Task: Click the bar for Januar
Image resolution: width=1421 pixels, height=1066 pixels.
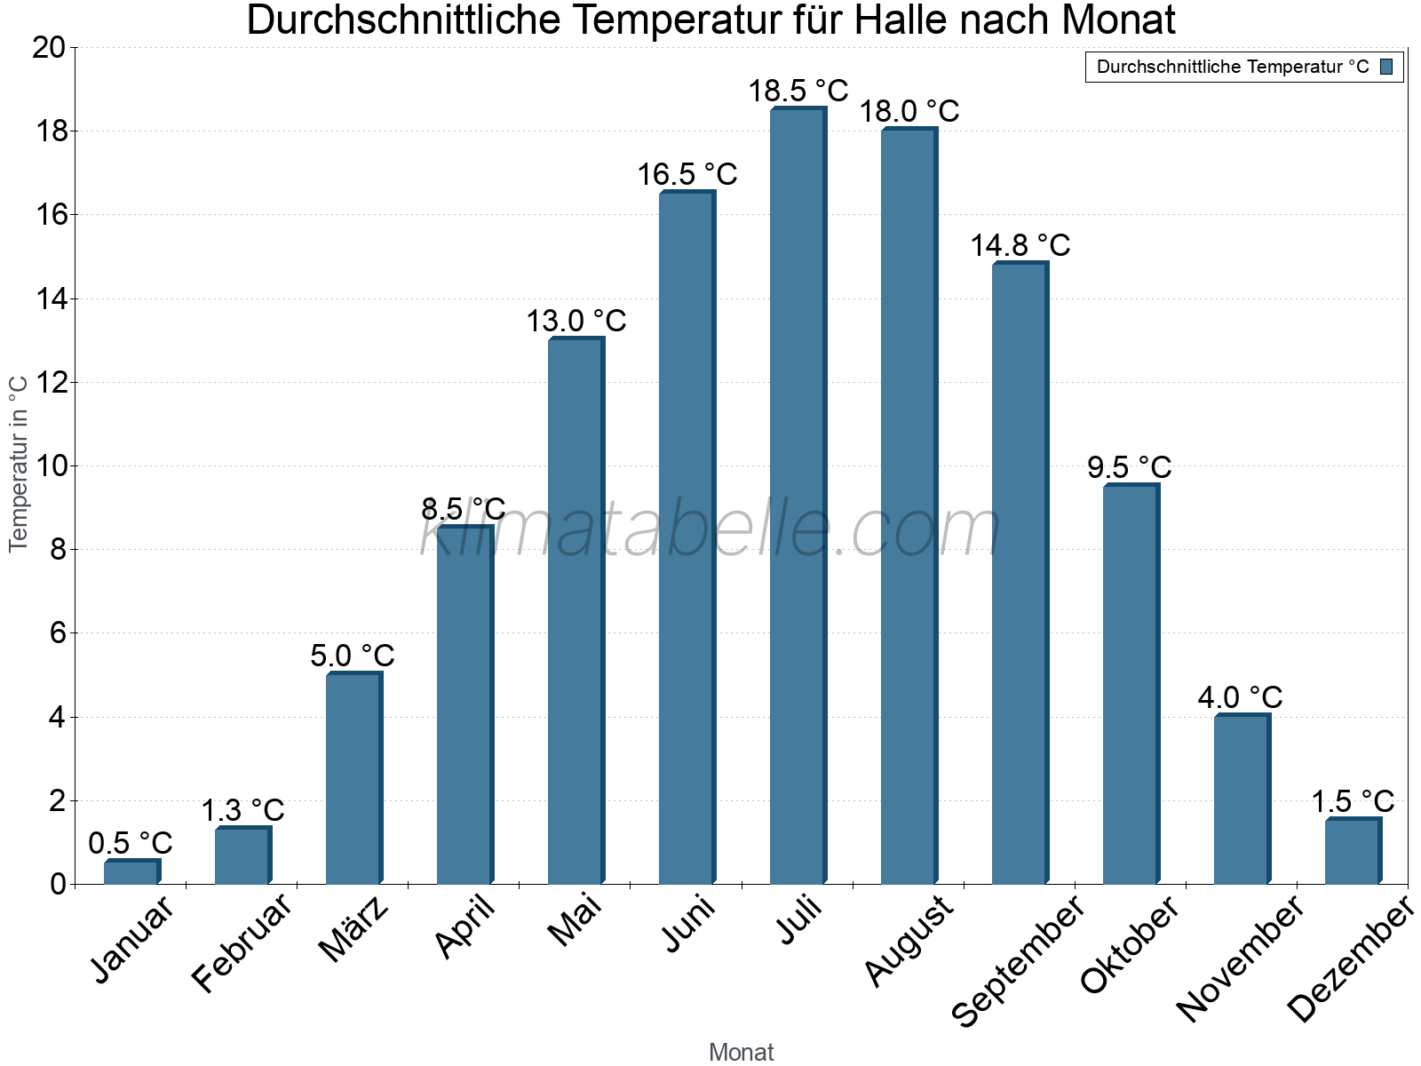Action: (131, 871)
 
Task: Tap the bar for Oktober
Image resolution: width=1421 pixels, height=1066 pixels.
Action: (1131, 684)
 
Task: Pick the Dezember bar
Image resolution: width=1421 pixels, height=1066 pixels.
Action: (1353, 851)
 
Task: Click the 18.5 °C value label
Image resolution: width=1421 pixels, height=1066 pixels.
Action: (798, 91)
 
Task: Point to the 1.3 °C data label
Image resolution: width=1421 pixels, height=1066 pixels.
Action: (242, 810)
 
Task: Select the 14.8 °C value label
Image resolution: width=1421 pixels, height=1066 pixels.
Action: (1020, 245)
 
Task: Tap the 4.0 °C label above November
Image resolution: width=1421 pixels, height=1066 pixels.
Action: (1240, 697)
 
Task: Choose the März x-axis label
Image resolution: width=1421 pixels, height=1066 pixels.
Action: (353, 929)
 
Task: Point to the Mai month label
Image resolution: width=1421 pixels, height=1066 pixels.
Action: (576, 921)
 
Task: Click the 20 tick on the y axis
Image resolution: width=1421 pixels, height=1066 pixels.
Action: (49, 47)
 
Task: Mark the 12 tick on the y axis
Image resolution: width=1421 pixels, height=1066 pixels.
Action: (49, 382)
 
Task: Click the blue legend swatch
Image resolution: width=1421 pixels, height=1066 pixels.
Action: (1386, 67)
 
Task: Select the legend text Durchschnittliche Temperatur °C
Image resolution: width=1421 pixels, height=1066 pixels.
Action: (1233, 67)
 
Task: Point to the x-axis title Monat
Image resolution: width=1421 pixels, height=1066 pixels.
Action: (741, 1052)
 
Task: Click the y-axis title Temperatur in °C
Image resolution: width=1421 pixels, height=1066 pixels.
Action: (19, 463)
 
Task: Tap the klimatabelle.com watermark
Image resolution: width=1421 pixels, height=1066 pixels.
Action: (710, 529)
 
